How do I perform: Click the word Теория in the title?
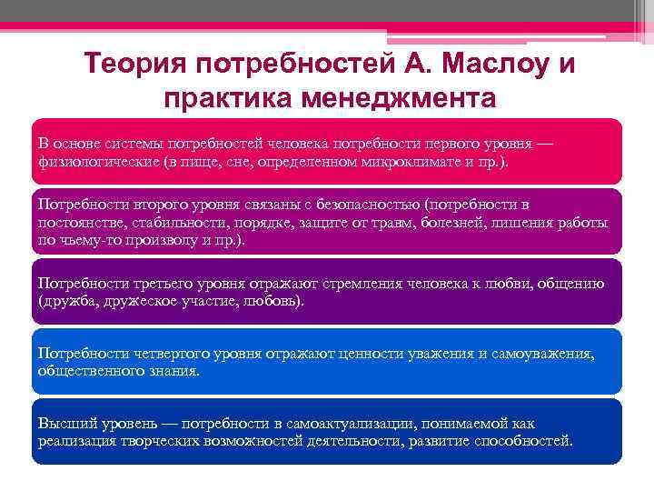tap(136, 66)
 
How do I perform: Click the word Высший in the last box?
tap(65, 424)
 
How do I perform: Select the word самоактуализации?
tap(354, 424)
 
